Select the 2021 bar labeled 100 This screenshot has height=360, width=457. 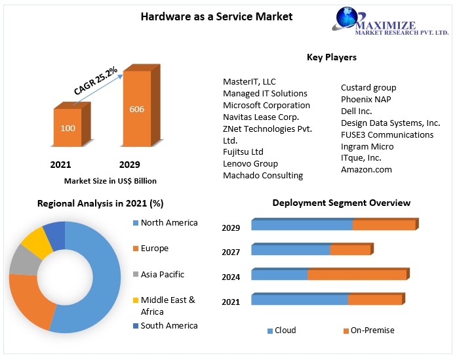tap(68, 128)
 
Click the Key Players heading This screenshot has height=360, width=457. tap(332, 57)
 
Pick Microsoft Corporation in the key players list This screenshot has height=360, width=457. tap(266, 105)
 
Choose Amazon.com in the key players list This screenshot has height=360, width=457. tap(366, 169)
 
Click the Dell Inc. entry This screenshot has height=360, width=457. tap(356, 111)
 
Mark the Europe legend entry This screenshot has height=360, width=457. tap(154, 249)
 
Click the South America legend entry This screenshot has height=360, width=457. tap(169, 325)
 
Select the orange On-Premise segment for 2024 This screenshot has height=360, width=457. tap(357, 274)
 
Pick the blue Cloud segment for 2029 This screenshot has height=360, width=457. tap(302, 225)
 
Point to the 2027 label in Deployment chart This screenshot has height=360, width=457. tap(231, 252)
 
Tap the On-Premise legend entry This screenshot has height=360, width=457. tap(372, 330)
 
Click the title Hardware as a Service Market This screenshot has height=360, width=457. tap(216, 16)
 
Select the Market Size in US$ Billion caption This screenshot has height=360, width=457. tap(110, 181)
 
